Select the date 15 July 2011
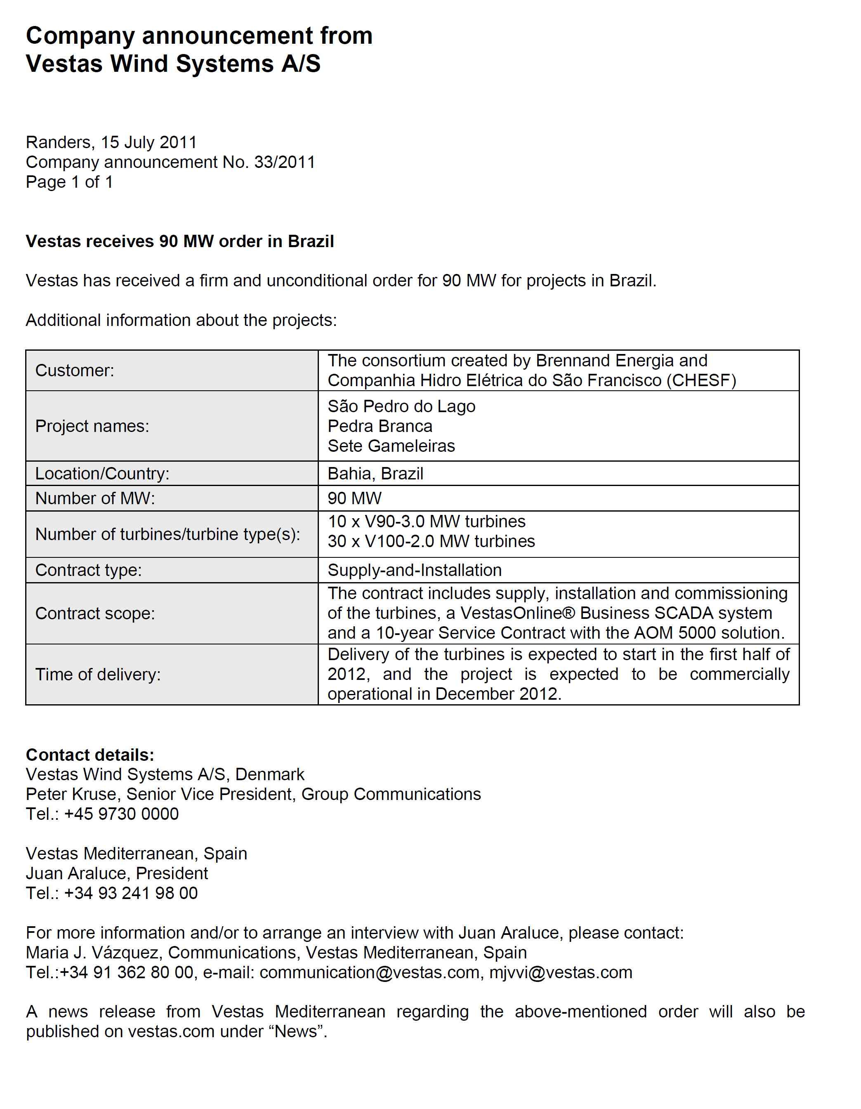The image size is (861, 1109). (x=148, y=143)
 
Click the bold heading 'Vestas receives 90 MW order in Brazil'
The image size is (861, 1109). (x=180, y=241)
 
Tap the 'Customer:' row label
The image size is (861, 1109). (x=75, y=370)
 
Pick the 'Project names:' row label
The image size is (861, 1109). (x=92, y=426)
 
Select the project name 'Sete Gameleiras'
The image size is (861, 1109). (x=391, y=446)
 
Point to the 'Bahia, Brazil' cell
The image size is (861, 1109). (x=375, y=474)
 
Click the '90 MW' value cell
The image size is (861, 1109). (x=354, y=499)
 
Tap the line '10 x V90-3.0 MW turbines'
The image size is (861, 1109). (x=427, y=521)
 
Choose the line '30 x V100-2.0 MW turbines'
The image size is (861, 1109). (x=431, y=541)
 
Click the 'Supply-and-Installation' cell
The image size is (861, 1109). (x=414, y=570)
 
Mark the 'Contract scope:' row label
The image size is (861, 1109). (x=95, y=613)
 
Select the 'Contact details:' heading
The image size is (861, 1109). (x=90, y=755)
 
